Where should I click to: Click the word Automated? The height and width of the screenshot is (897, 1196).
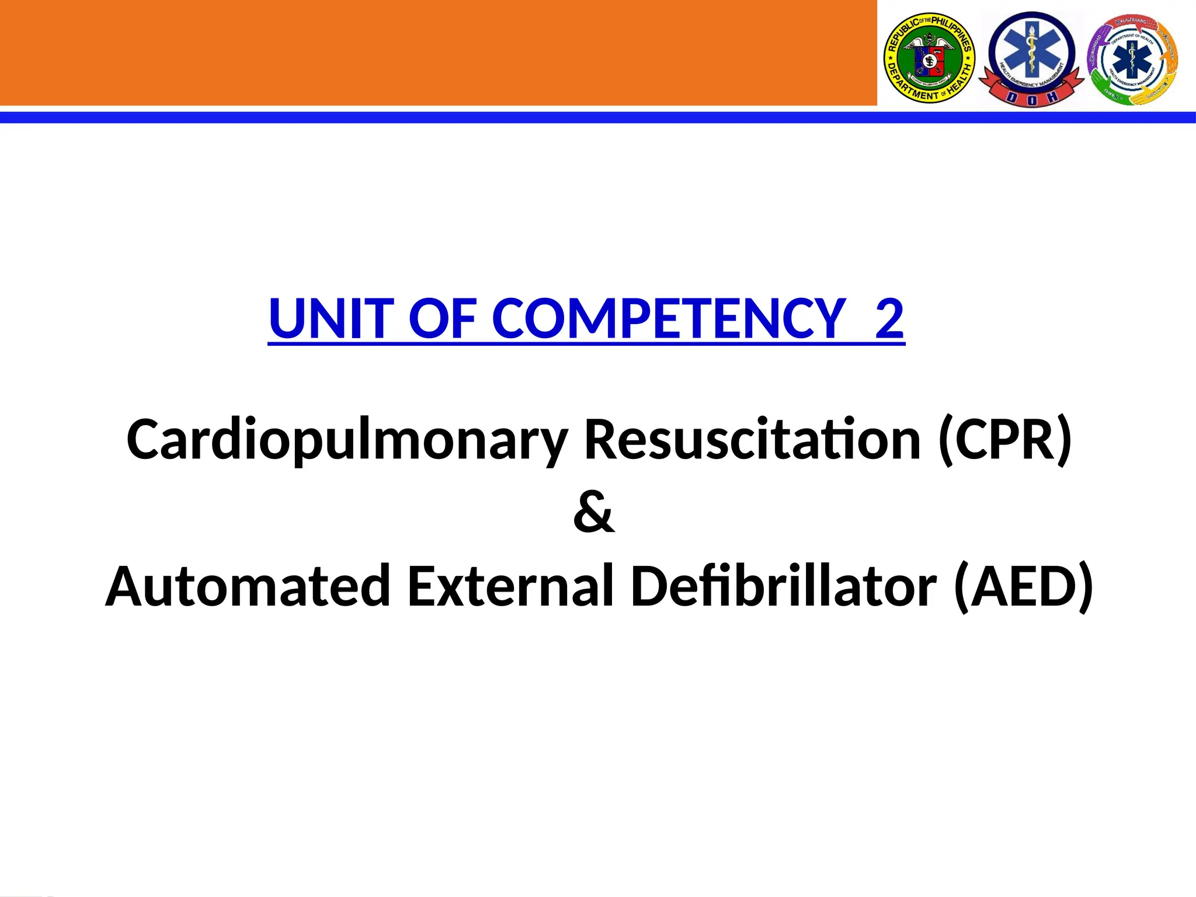248,586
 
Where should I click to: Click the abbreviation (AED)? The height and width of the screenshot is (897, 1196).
1023,586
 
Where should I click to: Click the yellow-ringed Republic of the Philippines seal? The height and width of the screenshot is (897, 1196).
929,58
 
